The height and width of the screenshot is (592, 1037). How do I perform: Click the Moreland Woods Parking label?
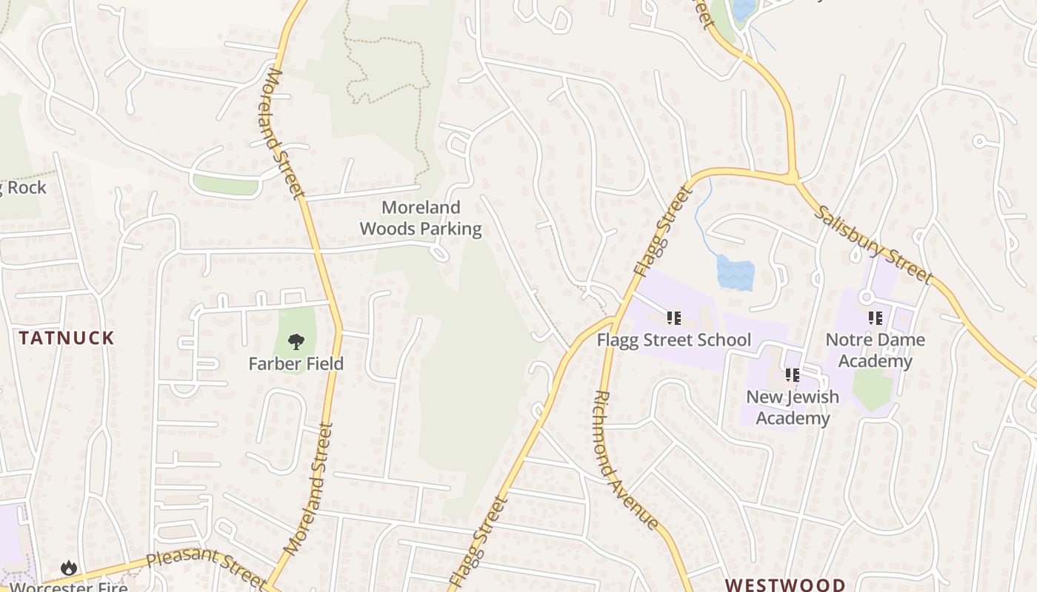point(421,218)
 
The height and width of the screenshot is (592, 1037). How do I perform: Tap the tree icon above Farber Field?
point(296,342)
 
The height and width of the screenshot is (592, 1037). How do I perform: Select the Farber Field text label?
point(296,363)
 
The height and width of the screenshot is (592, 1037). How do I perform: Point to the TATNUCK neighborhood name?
point(67,338)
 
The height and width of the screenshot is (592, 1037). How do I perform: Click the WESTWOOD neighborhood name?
point(784,585)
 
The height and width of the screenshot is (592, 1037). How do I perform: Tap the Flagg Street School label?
point(674,340)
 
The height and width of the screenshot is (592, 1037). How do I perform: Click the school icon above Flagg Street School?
point(674,318)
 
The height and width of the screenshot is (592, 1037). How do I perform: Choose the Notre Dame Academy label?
point(875,351)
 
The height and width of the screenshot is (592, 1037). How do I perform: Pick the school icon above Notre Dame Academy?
point(876,318)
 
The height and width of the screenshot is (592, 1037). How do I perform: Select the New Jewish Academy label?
point(792,407)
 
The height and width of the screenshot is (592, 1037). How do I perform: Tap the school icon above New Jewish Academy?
point(793,375)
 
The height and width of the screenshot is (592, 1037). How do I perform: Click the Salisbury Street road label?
point(874,244)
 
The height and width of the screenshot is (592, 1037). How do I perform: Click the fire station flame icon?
point(69,568)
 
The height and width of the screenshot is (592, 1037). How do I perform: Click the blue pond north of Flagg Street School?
point(735,272)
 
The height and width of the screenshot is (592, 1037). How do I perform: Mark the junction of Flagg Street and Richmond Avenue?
point(612,321)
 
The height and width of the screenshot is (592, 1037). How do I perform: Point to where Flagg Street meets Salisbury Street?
point(793,178)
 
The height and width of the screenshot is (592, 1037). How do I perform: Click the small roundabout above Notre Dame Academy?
point(865,297)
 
